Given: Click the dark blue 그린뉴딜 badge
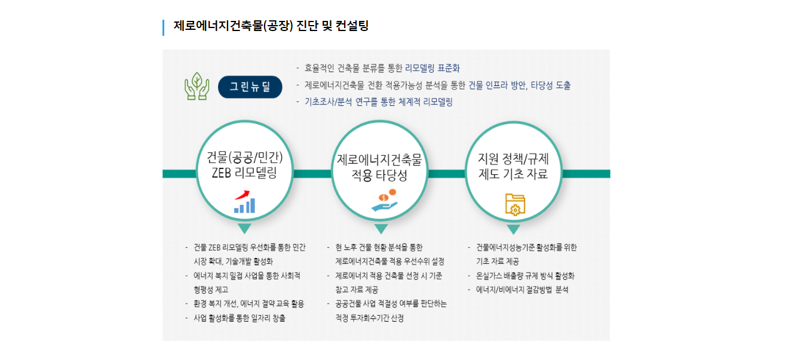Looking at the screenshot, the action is click(x=250, y=87).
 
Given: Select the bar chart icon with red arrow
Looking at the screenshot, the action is click(x=244, y=202).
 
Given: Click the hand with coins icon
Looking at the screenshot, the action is click(x=385, y=200).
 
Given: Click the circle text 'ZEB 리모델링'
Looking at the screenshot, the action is click(x=244, y=173).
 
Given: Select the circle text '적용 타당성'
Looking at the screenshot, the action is click(x=379, y=175).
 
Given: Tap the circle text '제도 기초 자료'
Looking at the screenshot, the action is click(x=513, y=174).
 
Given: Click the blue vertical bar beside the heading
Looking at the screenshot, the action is click(x=164, y=27).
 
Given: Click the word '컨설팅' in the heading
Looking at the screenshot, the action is click(x=352, y=26).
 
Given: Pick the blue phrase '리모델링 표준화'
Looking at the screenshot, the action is click(x=432, y=68).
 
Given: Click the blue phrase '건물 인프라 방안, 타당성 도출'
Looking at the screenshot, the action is click(x=520, y=85).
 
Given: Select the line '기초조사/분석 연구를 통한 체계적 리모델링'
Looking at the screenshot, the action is click(x=379, y=102).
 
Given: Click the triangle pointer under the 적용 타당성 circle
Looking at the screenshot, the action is click(x=381, y=229).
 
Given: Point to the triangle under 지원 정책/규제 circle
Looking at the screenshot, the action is click(x=514, y=229).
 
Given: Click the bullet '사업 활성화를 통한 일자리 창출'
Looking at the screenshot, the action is click(x=240, y=318).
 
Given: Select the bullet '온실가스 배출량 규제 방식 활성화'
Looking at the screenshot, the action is click(x=525, y=276).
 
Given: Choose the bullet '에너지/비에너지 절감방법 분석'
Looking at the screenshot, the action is click(x=522, y=290).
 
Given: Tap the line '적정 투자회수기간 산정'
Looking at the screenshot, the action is click(x=369, y=318).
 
